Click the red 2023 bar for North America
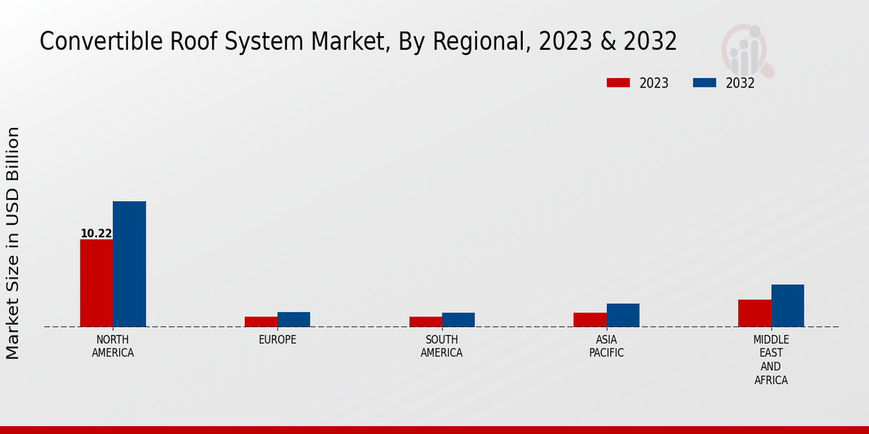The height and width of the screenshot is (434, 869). click(96, 283)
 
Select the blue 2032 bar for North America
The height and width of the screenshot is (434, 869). click(130, 264)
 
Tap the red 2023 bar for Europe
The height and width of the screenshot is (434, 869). click(261, 322)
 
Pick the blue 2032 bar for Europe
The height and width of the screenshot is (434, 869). click(294, 320)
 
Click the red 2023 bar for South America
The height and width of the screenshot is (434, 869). click(425, 322)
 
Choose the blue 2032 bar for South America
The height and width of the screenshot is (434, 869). click(458, 320)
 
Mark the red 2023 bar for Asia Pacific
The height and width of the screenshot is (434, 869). click(590, 320)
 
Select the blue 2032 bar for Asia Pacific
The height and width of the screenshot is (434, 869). click(623, 315)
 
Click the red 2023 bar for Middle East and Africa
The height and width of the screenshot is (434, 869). click(755, 313)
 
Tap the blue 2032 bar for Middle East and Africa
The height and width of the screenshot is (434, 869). click(788, 306)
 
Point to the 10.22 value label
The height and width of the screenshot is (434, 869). click(96, 234)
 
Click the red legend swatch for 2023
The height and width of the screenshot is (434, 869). click(618, 82)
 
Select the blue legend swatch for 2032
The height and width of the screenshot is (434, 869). click(704, 82)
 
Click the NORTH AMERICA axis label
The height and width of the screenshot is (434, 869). click(113, 346)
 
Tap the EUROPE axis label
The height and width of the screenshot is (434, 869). click(277, 340)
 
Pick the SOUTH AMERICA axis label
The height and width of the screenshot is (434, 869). click(442, 346)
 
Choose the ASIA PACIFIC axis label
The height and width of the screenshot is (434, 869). click(607, 346)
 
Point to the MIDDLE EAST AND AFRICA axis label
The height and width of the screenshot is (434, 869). click(771, 360)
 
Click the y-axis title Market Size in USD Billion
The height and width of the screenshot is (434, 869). click(13, 243)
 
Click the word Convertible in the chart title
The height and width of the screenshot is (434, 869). click(101, 41)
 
